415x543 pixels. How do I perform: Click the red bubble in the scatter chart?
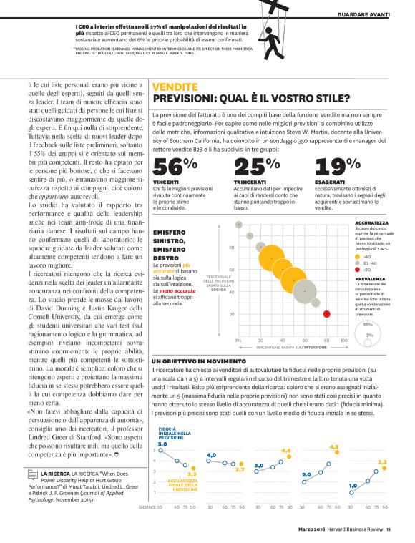(326, 313)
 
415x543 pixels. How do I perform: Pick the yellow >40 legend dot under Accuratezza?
(358, 255)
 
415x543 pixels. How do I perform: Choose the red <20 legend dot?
(358, 270)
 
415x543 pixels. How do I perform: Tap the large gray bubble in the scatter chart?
(306, 290)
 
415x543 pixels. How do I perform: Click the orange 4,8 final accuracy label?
(333, 446)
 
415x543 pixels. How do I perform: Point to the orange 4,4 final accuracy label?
(286, 451)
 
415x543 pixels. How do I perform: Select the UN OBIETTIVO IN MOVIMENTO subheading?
(199, 361)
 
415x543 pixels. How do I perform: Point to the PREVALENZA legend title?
(370, 279)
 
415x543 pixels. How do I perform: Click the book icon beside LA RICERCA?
(33, 473)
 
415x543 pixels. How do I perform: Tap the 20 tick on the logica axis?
(232, 314)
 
